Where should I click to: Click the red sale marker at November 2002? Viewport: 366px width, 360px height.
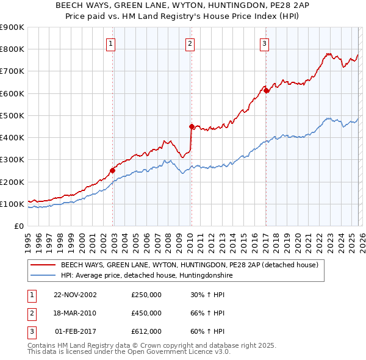(x=113, y=171)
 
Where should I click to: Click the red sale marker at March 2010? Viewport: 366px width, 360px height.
(x=192, y=126)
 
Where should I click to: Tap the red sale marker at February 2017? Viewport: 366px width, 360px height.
(x=266, y=91)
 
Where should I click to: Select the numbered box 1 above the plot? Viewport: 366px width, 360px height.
(x=110, y=43)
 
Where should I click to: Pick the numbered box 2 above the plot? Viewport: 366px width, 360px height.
(x=190, y=43)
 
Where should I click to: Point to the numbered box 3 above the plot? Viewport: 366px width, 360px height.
(x=264, y=43)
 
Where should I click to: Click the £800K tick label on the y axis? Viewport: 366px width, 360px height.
(x=12, y=49)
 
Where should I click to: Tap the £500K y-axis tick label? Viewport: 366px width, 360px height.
(x=12, y=115)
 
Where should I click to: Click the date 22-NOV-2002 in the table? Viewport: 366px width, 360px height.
(x=75, y=294)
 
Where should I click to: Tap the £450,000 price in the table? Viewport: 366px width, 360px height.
(x=146, y=313)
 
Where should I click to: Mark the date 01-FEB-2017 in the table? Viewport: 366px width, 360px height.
(x=75, y=332)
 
